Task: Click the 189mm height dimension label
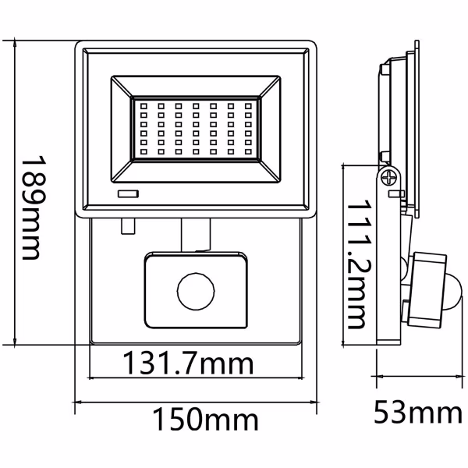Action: click(30, 204)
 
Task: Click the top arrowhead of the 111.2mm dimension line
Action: click(348, 168)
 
